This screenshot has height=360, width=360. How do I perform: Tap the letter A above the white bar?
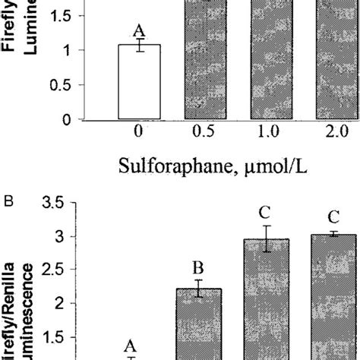(x=138, y=30)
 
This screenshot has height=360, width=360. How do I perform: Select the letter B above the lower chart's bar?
(x=197, y=267)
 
